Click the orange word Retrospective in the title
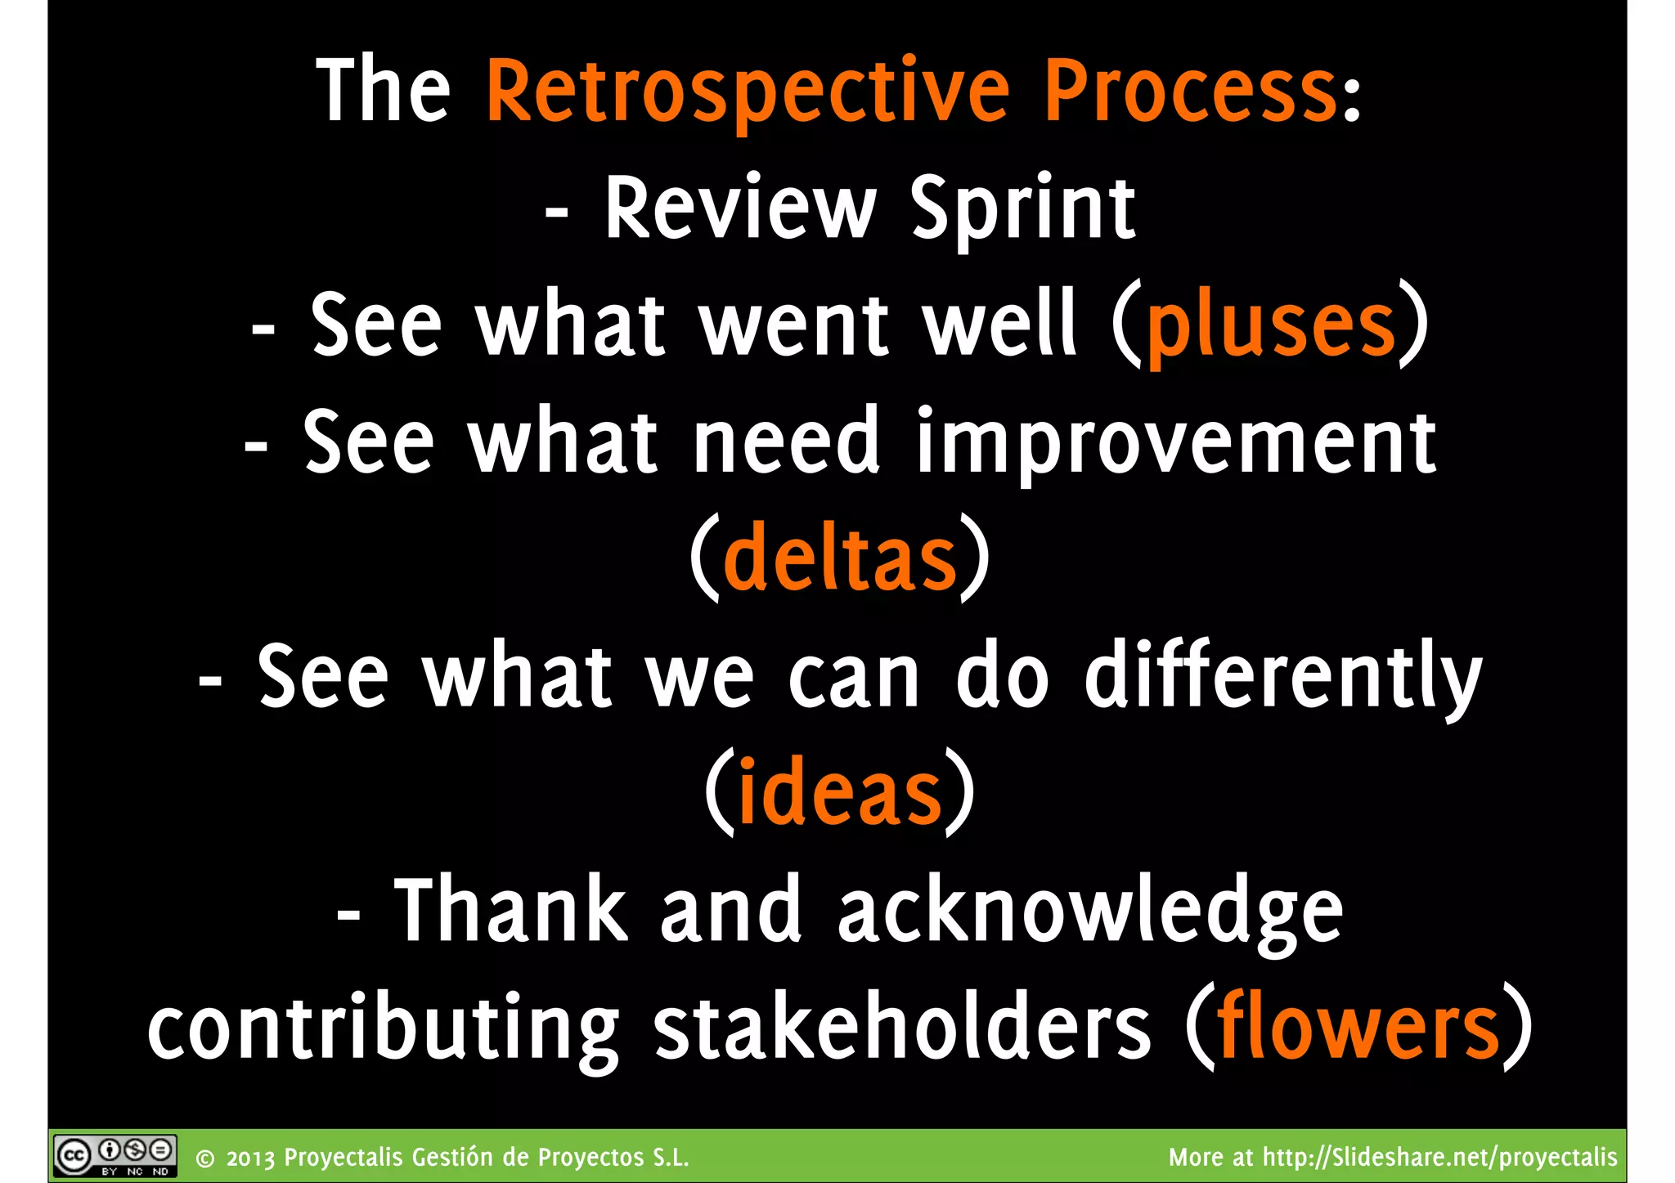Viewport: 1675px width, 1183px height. coord(748,92)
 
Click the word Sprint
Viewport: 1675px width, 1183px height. coord(1022,209)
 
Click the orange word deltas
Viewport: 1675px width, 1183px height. coord(840,559)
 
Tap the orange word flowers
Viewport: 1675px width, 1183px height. coord(1358,1027)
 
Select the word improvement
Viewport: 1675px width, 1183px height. coord(1176,443)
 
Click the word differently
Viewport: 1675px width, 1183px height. coord(1282,677)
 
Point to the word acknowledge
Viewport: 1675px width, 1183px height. coord(1090,911)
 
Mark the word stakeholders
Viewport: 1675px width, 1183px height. coord(902,1027)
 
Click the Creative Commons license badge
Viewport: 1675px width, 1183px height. coord(115,1156)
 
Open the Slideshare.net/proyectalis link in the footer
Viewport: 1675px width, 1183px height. coord(1439,1158)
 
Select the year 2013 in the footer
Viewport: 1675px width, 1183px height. coord(250,1158)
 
